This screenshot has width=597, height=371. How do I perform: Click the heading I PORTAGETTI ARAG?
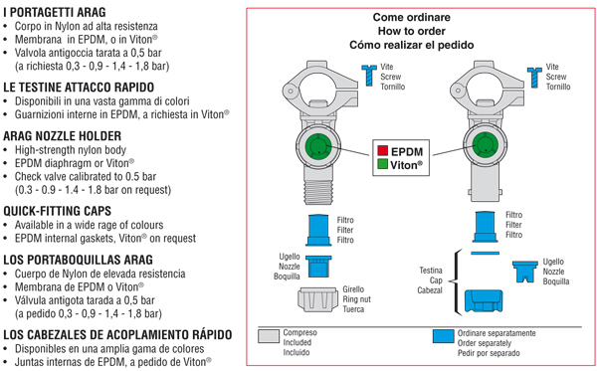(x=55, y=12)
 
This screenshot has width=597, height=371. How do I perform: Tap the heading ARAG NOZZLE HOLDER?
(x=62, y=136)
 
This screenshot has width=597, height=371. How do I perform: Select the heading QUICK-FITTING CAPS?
(x=57, y=211)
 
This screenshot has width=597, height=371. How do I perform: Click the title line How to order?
(x=412, y=31)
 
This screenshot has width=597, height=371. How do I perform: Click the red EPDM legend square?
(x=383, y=150)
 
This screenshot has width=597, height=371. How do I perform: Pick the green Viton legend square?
(x=383, y=164)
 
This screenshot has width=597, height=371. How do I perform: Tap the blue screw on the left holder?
(x=369, y=75)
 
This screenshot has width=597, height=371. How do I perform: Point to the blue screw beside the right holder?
(x=534, y=78)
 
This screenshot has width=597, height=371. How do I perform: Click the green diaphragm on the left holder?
(x=318, y=146)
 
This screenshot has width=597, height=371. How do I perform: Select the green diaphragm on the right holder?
(x=486, y=145)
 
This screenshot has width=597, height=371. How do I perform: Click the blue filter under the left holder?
(x=318, y=230)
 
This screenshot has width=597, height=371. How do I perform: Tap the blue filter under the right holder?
(x=486, y=227)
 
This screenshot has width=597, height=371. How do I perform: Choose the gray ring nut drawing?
(x=318, y=299)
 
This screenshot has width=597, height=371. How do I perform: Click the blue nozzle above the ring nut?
(x=318, y=267)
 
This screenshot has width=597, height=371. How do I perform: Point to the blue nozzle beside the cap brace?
(x=524, y=271)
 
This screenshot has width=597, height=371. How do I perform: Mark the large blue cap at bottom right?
(x=484, y=301)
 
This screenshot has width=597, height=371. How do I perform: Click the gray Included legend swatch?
(x=269, y=336)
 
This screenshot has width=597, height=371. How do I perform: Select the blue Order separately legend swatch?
(x=443, y=336)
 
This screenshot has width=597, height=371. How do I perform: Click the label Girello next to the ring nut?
(x=353, y=289)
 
